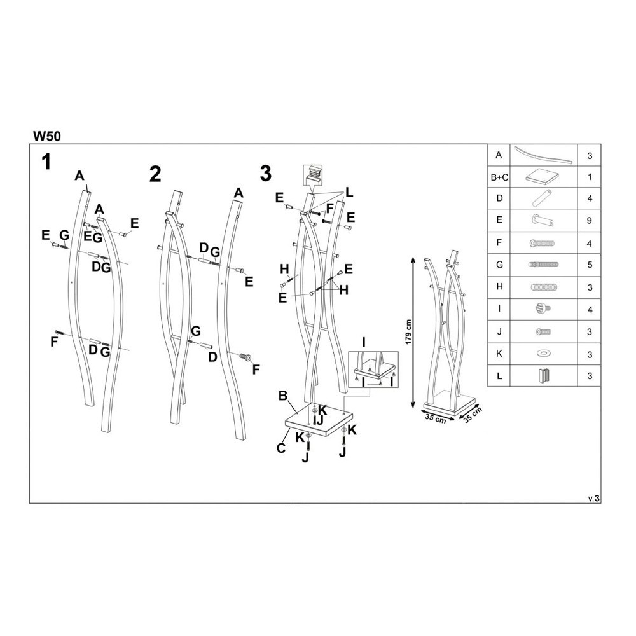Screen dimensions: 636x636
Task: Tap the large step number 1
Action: tap(46, 162)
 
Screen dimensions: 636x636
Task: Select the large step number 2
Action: tap(155, 174)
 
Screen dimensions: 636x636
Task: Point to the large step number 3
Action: tap(266, 173)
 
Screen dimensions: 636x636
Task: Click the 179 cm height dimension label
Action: tap(408, 331)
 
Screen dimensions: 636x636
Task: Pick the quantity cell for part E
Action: tap(590, 221)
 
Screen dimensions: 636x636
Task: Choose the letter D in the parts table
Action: tap(499, 198)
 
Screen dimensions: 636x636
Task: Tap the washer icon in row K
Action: tap(543, 353)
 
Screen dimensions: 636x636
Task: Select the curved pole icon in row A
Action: tap(543, 155)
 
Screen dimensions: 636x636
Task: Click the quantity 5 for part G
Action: tap(590, 265)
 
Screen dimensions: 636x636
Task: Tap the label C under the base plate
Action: tap(280, 448)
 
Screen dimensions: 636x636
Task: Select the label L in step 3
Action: tap(349, 193)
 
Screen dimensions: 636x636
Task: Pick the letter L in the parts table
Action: tap(499, 375)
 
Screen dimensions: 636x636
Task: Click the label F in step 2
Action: tap(256, 369)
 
